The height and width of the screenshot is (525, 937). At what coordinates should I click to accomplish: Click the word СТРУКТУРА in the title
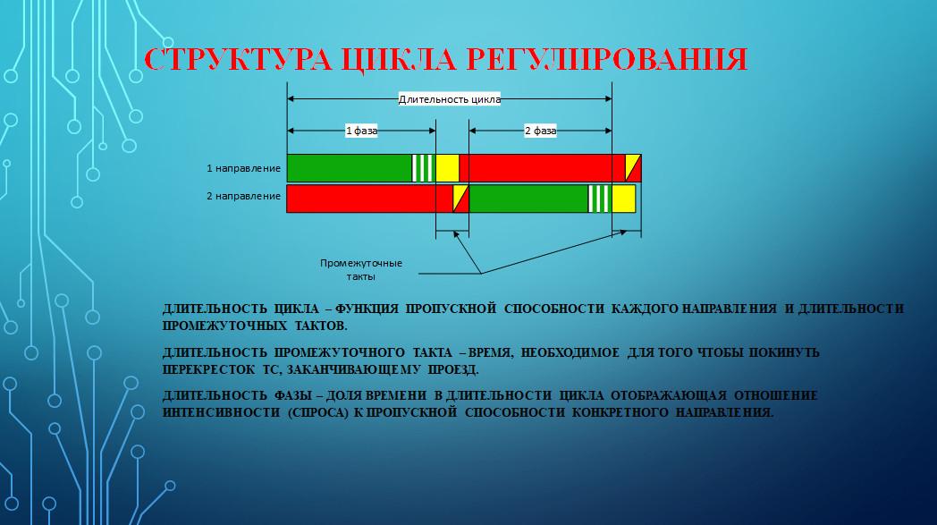coord(238,59)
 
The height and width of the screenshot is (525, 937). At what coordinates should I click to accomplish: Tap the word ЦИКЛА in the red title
coord(397,61)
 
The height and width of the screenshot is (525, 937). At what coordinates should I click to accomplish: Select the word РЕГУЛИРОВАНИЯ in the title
coord(605,60)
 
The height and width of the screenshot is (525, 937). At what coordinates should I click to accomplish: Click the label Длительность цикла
coord(450,99)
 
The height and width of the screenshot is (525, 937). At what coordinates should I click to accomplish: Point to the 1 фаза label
coord(361,131)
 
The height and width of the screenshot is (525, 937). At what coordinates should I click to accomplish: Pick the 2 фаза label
coord(540,131)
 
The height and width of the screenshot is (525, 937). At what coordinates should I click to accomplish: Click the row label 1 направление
coord(243,169)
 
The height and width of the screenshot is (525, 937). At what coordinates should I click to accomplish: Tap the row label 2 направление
coord(243,196)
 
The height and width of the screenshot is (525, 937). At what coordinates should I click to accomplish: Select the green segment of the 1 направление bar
coord(350,168)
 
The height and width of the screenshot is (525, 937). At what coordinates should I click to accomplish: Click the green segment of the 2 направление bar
coord(528,199)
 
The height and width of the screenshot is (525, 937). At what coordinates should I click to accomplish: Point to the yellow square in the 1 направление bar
coord(447,168)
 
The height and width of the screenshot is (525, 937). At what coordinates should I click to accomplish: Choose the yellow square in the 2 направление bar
coord(623,199)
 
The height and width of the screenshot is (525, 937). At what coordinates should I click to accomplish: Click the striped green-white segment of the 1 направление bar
coord(424,168)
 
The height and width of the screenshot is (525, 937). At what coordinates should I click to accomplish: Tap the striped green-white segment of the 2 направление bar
coord(600,199)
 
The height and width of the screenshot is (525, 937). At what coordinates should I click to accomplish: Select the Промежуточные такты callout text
coord(361,270)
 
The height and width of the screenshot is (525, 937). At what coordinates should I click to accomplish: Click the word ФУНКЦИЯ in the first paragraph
coord(367,309)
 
